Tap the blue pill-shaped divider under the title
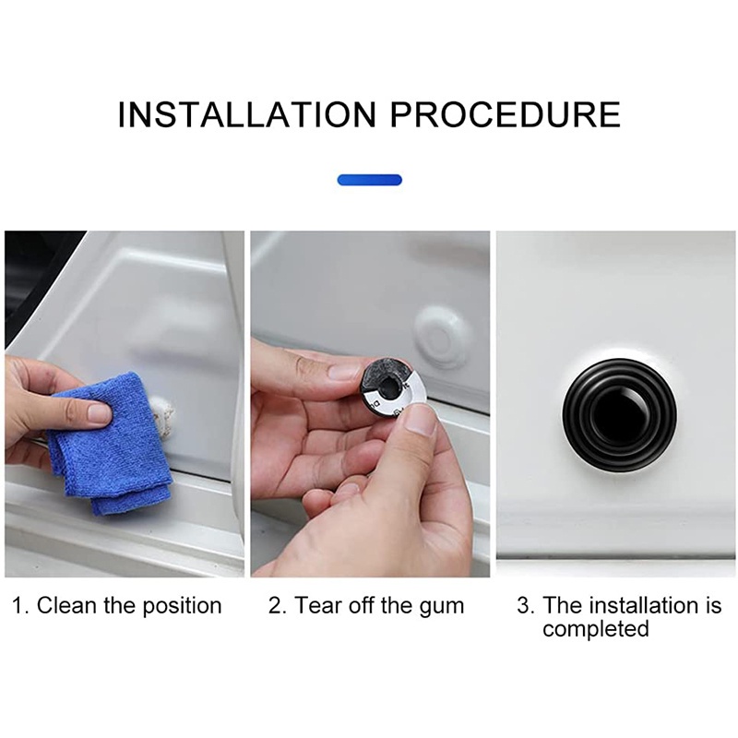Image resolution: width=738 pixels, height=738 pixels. (x=369, y=180)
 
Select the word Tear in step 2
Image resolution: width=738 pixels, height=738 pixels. (x=316, y=606)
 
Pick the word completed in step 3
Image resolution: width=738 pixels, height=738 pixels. (x=595, y=629)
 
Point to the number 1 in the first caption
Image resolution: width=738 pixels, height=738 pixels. (x=19, y=606)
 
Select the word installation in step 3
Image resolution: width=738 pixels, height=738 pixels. (x=637, y=606)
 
